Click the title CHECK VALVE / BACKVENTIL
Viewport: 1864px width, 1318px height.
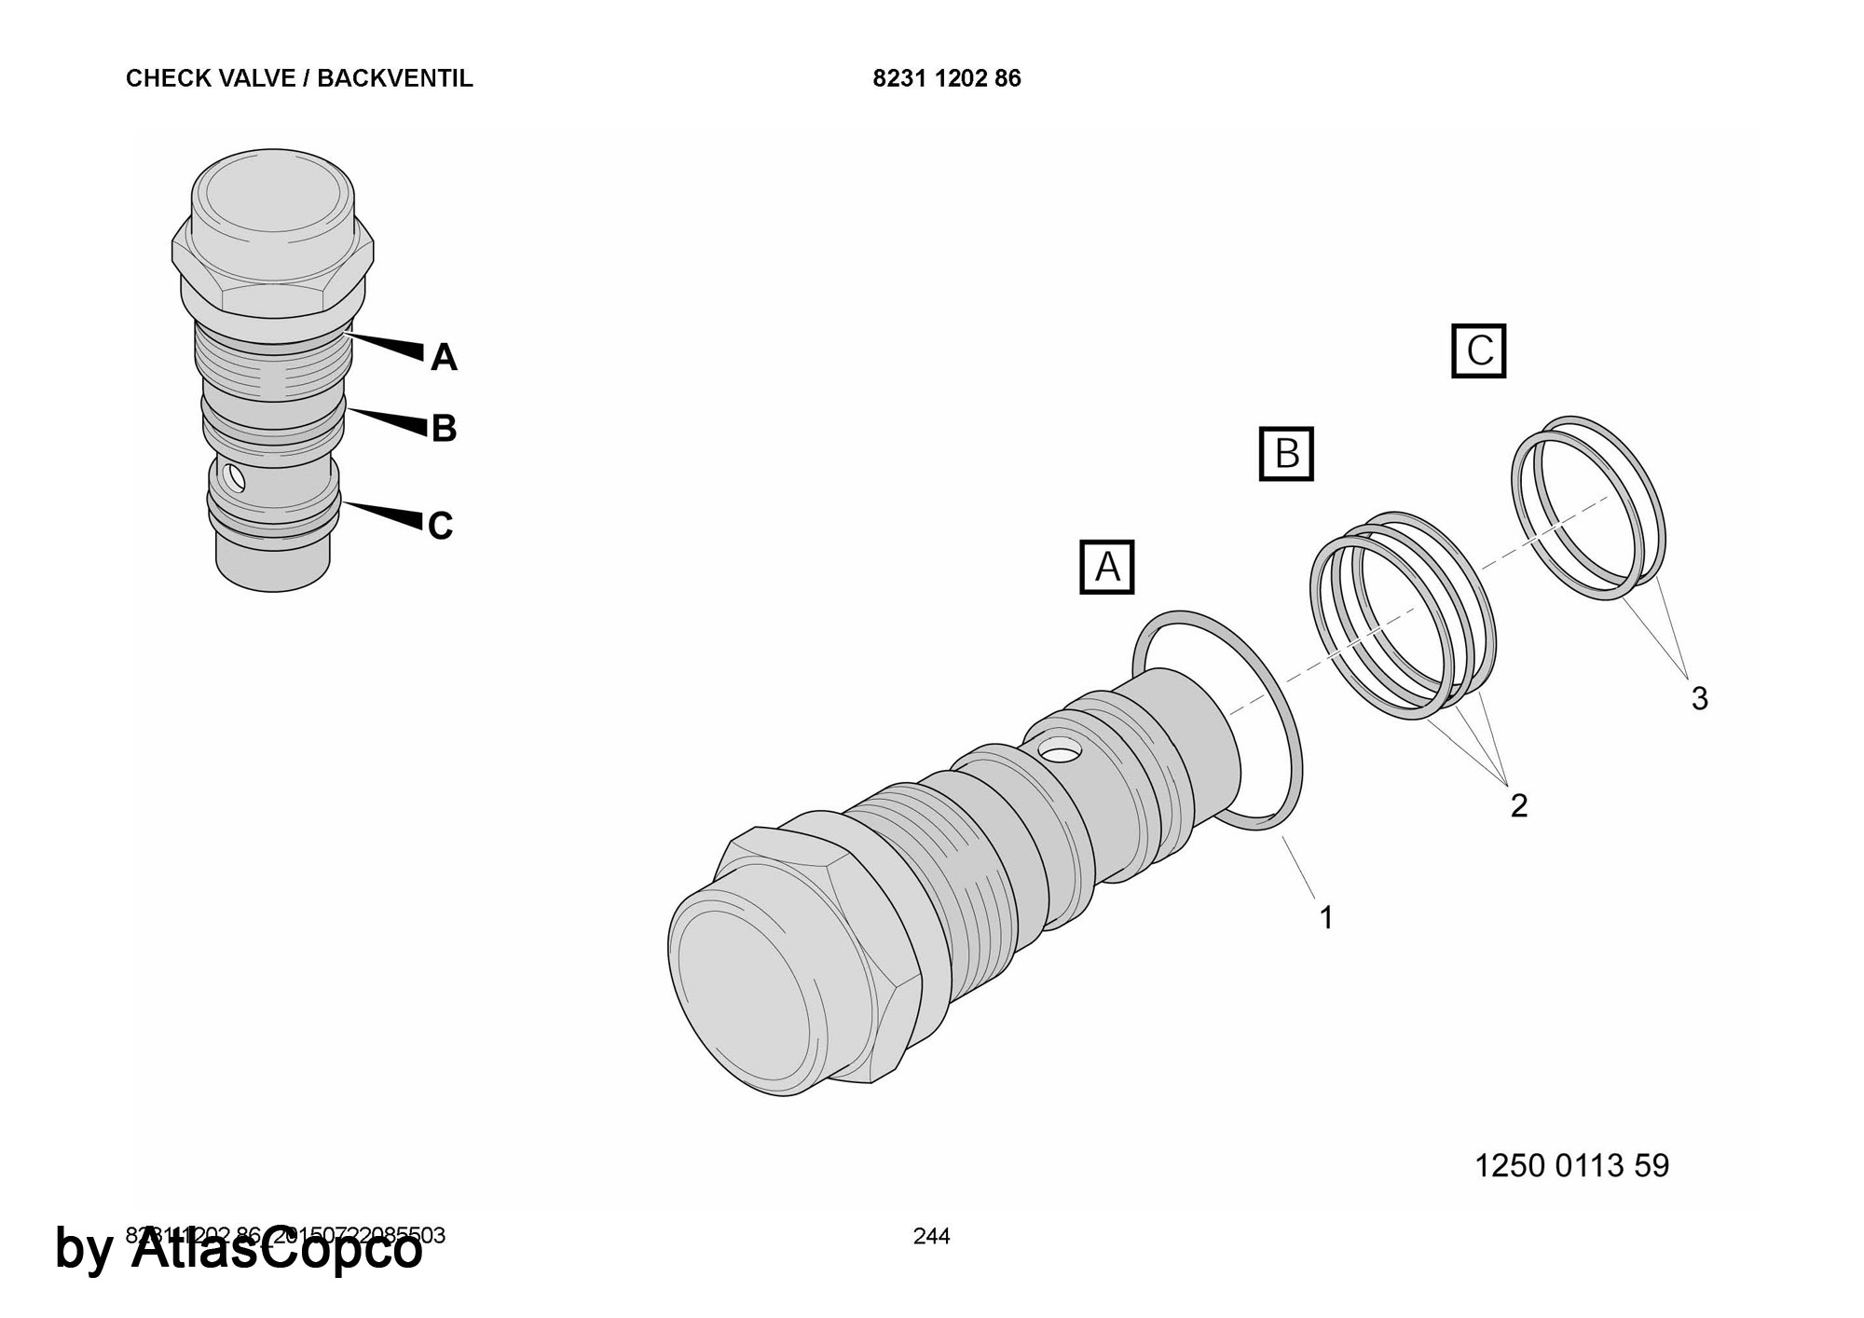pyautogui.click(x=299, y=78)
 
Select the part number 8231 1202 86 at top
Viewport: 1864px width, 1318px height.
pyautogui.click(x=946, y=78)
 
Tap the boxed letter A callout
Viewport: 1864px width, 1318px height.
pyautogui.click(x=1106, y=567)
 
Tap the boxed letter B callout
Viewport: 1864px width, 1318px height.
pyautogui.click(x=1286, y=454)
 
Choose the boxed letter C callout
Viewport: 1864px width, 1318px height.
pyautogui.click(x=1479, y=351)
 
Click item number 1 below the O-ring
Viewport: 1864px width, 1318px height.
pyautogui.click(x=1325, y=917)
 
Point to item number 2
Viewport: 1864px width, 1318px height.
pyautogui.click(x=1518, y=805)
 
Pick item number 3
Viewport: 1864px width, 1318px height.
pyautogui.click(x=1699, y=698)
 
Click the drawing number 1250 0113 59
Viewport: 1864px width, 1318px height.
pyautogui.click(x=1571, y=1165)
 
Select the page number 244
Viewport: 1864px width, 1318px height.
pyautogui.click(x=931, y=1236)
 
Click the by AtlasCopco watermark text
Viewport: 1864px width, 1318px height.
pyautogui.click(x=239, y=1250)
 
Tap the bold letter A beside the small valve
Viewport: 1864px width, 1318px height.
pyautogui.click(x=444, y=358)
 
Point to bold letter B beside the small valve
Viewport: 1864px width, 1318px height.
pyautogui.click(x=444, y=429)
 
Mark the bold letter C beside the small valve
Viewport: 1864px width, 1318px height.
pyautogui.click(x=441, y=526)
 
